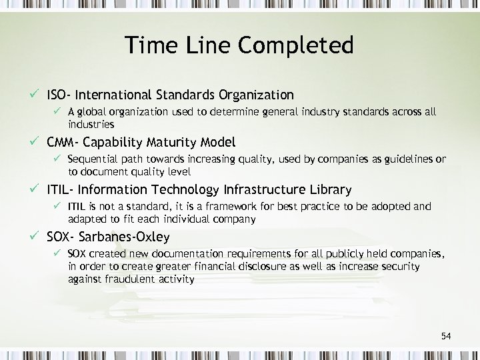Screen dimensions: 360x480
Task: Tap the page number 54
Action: [446, 336]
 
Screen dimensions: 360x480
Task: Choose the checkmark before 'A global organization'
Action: [58, 112]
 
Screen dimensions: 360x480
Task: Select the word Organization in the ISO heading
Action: [250, 95]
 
